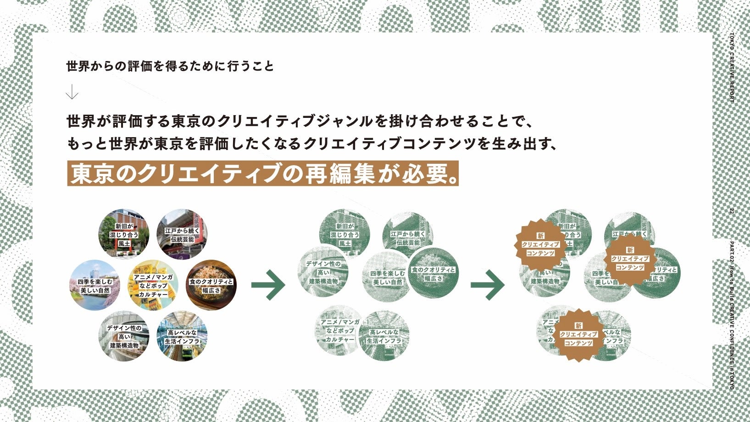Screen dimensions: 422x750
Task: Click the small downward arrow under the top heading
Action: tap(72, 93)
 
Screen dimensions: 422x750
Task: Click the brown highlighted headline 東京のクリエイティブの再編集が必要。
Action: tap(263, 173)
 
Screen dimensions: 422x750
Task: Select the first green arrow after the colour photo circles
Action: tap(268, 285)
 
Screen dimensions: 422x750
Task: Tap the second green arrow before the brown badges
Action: tap(488, 285)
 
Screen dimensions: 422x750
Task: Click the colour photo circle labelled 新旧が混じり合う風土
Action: tap(124, 234)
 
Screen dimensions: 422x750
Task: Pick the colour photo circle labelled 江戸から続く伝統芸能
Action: tap(182, 234)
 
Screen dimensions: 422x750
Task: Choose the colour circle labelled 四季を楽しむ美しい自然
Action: tap(95, 285)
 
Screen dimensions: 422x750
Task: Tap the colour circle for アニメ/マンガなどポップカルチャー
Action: tap(153, 285)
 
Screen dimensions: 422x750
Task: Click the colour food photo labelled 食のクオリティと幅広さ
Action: tap(211, 285)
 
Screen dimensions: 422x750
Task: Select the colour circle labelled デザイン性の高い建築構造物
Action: tap(124, 336)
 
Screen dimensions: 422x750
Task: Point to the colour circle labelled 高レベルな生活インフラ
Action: tap(182, 336)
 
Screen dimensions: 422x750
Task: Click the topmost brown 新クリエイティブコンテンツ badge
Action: tap(540, 244)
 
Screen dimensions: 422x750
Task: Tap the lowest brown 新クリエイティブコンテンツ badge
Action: tap(578, 335)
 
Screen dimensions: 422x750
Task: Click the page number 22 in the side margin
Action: tap(732, 211)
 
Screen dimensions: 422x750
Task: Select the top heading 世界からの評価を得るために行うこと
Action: tap(170, 67)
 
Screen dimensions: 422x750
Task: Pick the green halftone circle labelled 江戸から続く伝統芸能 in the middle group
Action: tap(408, 236)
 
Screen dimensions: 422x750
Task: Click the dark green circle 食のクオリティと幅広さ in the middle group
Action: tap(433, 274)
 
